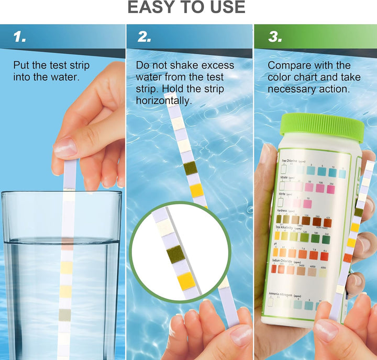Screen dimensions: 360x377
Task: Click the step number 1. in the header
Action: pyautogui.click(x=20, y=37)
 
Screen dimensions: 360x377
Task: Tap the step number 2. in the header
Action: pyautogui.click(x=145, y=37)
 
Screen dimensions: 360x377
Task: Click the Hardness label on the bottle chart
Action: pyautogui.click(x=285, y=210)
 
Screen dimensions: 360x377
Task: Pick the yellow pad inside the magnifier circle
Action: pyautogui.click(x=186, y=281)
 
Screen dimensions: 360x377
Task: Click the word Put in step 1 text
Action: pyautogui.click(x=21, y=65)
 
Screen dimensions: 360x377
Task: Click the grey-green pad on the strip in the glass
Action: pyautogui.click(x=64, y=314)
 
